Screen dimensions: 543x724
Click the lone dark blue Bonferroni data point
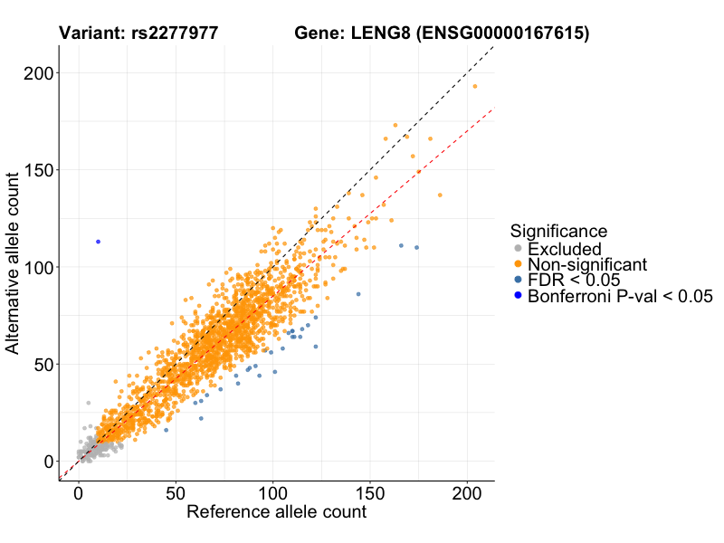coord(98,242)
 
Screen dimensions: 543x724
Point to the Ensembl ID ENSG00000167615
coord(511,34)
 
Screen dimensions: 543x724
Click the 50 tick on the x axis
coord(176,496)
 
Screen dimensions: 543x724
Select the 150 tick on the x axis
coord(370,496)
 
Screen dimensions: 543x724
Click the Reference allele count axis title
coord(276,513)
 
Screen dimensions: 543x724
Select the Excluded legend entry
coord(564,249)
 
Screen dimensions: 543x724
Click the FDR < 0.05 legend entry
coord(572,280)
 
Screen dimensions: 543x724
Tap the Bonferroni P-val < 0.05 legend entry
coord(620,296)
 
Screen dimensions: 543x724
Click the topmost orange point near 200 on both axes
coord(475,87)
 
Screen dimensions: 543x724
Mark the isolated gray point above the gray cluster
coord(88,403)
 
